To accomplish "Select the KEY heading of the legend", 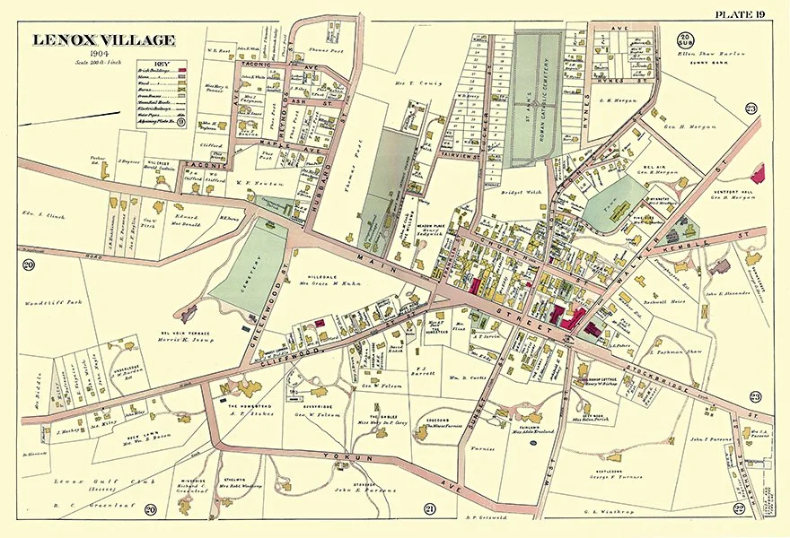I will coord(162,65).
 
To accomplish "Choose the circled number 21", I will coord(429,509).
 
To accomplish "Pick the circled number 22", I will coord(738,508).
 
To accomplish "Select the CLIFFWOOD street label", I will coord(266,353).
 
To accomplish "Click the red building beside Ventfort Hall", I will coord(759,174).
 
